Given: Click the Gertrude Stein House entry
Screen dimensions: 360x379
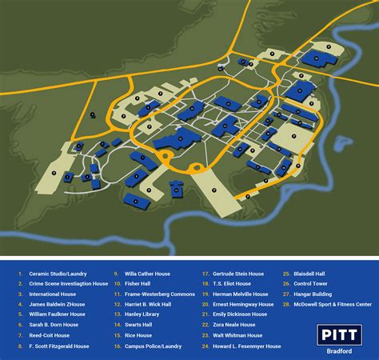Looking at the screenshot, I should (239, 273).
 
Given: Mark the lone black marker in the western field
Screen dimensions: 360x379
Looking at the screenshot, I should (92, 114).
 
